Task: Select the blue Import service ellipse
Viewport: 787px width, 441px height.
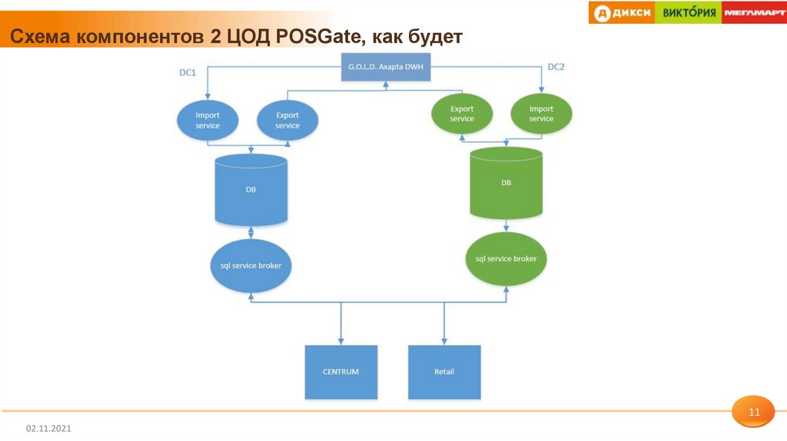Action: tap(208, 121)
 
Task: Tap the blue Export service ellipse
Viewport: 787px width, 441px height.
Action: tap(287, 121)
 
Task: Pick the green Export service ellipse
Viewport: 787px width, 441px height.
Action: tap(462, 114)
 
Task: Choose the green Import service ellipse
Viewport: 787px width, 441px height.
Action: tap(541, 114)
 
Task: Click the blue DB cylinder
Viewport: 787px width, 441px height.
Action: tap(251, 189)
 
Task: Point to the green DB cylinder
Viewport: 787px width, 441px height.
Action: tap(506, 183)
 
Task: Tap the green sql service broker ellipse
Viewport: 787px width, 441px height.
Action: tap(506, 259)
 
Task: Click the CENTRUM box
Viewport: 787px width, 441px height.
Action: tap(340, 372)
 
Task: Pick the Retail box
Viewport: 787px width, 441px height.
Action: tap(444, 372)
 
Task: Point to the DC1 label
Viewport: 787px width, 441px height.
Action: tap(188, 73)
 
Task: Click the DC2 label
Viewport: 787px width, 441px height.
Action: tap(556, 67)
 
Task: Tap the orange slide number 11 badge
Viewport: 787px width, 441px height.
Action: tap(754, 413)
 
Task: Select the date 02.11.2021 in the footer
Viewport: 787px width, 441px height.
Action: tap(48, 427)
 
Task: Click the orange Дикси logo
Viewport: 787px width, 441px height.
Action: tap(622, 12)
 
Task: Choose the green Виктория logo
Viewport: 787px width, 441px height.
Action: tap(689, 12)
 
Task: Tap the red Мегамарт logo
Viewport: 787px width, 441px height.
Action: tap(753, 12)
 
